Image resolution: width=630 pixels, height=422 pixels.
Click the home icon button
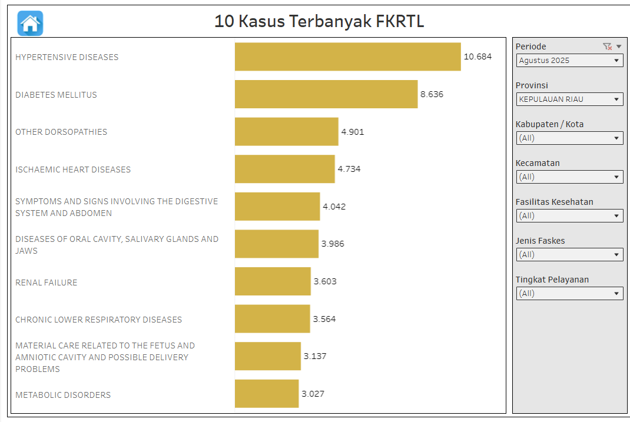click(x=31, y=24)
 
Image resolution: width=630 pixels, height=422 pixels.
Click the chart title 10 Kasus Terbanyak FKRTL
click(x=319, y=22)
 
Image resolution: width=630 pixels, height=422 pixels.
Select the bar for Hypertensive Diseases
click(x=347, y=57)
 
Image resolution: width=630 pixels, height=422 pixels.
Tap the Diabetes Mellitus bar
click(x=326, y=94)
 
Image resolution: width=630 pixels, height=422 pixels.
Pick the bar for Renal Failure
click(x=272, y=281)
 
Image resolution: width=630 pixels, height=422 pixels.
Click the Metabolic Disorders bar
click(x=266, y=394)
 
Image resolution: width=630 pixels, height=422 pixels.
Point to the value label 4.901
click(x=353, y=132)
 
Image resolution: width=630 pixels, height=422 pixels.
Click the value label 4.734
click(x=349, y=169)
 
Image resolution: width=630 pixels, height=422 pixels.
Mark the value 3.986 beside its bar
click(x=333, y=244)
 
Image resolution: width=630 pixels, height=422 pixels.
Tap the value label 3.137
click(x=315, y=356)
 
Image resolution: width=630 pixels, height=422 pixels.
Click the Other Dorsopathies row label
click(x=61, y=132)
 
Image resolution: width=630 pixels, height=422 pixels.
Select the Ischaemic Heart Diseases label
click(x=73, y=170)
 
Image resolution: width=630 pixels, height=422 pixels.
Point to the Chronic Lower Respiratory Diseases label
click(x=98, y=320)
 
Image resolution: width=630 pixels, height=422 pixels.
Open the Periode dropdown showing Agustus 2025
click(x=569, y=60)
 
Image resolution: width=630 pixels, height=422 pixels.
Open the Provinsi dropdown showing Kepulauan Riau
click(x=569, y=99)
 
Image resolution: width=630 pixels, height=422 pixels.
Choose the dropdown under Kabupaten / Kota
click(x=569, y=138)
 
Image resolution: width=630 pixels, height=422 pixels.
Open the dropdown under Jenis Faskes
click(x=569, y=254)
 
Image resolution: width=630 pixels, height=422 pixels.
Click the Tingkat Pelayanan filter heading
click(x=552, y=280)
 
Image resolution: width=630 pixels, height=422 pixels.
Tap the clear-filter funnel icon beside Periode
click(x=607, y=46)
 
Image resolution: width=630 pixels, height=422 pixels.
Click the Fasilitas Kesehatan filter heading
click(x=554, y=202)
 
